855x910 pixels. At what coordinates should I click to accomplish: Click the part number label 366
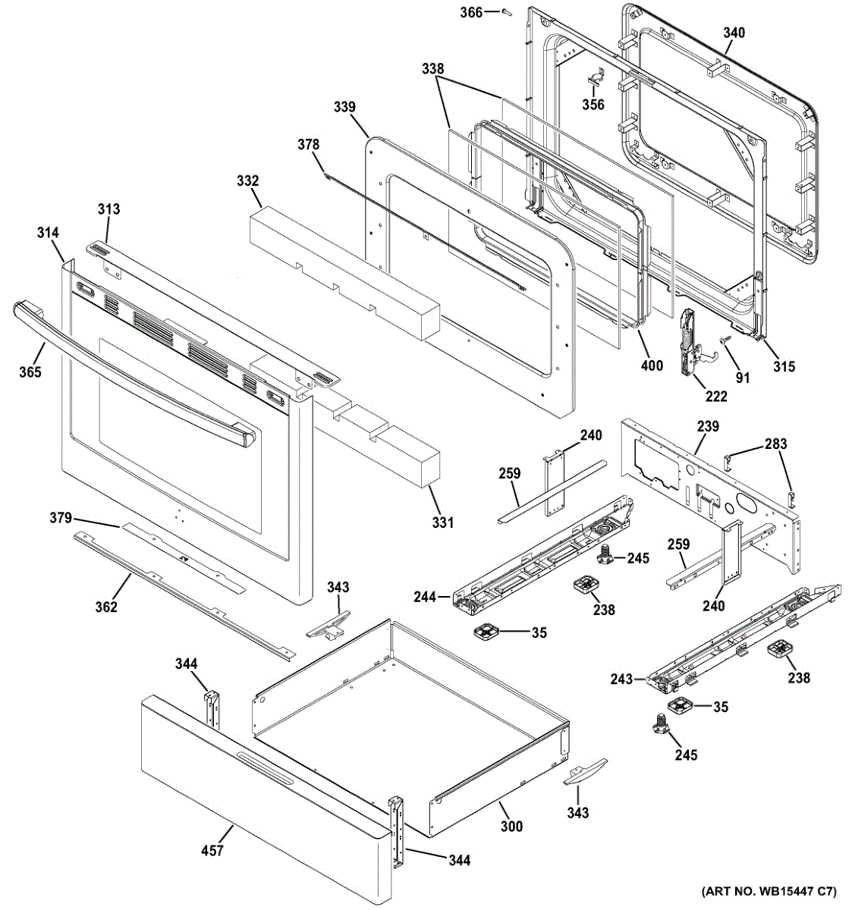(471, 12)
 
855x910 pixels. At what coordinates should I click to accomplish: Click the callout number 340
(734, 33)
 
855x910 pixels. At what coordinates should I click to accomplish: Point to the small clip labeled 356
(596, 79)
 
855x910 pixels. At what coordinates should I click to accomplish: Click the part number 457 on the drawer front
(212, 850)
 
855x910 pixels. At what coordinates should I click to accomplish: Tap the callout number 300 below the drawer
(511, 826)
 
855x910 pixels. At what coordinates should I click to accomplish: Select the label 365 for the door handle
(30, 372)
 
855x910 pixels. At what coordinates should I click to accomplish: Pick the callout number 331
(443, 522)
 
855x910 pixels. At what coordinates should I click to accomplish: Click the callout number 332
(247, 181)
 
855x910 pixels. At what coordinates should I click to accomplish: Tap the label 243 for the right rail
(621, 679)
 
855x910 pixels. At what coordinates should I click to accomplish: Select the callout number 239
(708, 426)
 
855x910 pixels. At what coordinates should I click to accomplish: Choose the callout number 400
(651, 366)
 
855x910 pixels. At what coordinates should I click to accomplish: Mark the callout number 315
(784, 366)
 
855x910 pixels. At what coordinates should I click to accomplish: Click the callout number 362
(106, 606)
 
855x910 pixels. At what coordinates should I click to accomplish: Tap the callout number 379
(61, 518)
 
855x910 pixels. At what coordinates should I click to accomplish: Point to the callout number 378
(308, 145)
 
